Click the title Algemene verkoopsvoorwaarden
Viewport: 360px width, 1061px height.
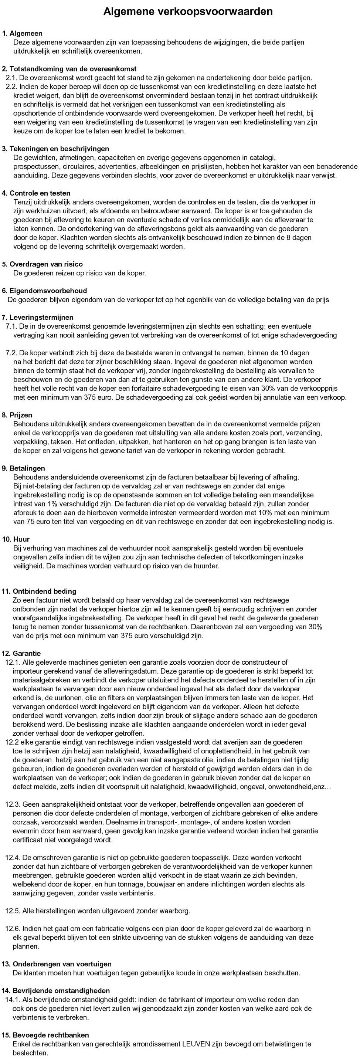pos(188,11)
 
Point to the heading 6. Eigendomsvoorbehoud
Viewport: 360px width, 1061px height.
pos(44,291)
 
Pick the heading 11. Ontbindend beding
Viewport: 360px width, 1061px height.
pos(39,591)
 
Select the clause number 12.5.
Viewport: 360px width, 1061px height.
pos(12,911)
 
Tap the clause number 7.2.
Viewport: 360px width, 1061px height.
pos(11,353)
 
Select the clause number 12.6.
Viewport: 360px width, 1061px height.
pos(12,928)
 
